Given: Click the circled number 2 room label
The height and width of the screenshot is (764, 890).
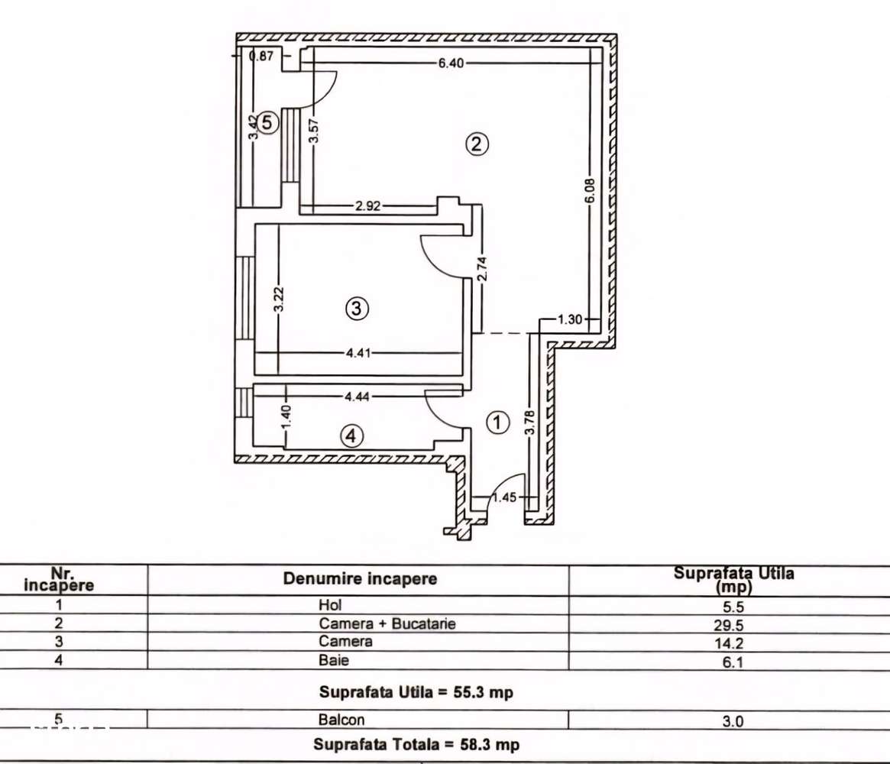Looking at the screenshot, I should (477, 144).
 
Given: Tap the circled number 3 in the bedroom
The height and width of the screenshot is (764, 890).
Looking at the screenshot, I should (357, 309).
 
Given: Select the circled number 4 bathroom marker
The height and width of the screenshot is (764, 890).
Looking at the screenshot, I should (350, 436).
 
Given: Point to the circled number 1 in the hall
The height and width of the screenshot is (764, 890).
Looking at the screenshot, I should (497, 422).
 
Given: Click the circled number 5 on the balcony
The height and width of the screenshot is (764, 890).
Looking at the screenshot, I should (265, 122).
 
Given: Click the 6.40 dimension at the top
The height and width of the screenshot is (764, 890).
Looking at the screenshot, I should (451, 63).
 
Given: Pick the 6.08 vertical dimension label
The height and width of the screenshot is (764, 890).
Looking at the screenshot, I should (589, 189).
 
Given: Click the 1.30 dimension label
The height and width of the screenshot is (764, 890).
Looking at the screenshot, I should (571, 319).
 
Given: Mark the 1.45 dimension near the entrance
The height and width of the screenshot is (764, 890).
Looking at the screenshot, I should (504, 498).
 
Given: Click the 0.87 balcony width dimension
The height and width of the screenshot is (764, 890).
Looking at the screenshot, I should (262, 55).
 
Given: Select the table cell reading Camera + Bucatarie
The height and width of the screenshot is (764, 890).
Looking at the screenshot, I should (387, 623).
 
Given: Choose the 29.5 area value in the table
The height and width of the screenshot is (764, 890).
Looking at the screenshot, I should (733, 625).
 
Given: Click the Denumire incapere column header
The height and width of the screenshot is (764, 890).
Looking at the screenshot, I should (360, 578).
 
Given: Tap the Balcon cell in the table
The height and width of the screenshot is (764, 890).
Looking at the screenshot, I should (341, 720).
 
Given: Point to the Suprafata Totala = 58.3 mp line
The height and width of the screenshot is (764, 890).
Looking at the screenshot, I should (416, 744).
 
